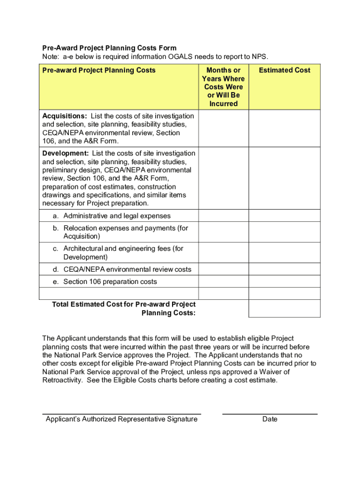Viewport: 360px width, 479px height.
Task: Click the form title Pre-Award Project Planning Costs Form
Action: pyautogui.click(x=109, y=48)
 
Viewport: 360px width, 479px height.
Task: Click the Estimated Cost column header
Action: pyautogui.click(x=284, y=70)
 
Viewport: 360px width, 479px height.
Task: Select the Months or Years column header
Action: pyautogui.click(x=223, y=87)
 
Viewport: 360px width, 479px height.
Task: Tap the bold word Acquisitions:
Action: pyautogui.click(x=65, y=116)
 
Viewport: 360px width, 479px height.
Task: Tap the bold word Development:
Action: pyautogui.click(x=65, y=153)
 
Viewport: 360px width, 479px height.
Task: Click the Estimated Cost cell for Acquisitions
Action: pyautogui.click(x=284, y=128)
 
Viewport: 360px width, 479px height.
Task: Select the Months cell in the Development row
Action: pyautogui.click(x=223, y=178)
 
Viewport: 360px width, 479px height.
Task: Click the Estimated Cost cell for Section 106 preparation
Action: pyautogui.click(x=284, y=282)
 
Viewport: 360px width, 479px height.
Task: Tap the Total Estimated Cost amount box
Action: pyautogui.click(x=284, y=308)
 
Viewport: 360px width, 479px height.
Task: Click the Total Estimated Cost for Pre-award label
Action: pyautogui.click(x=124, y=309)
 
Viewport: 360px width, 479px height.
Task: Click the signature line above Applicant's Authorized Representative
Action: pyautogui.click(x=122, y=414)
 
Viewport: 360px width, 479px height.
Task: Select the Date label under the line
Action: pyautogui.click(x=270, y=419)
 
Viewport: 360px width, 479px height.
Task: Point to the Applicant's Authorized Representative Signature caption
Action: pyautogui.click(x=122, y=419)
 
